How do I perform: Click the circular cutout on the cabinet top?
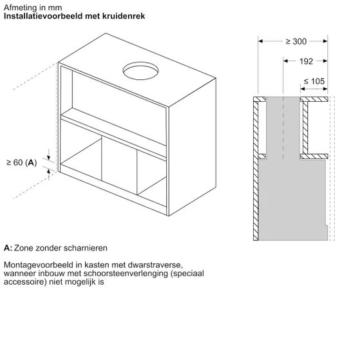[140, 71]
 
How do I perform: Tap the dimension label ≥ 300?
[296, 42]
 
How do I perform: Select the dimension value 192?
[306, 61]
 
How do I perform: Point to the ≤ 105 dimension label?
[314, 81]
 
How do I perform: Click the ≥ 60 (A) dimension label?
[22, 162]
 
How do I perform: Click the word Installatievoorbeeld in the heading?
[43, 16]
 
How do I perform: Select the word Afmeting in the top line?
[20, 8]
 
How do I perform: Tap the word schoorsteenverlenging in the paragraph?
[126, 274]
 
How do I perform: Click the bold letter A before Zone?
[8, 248]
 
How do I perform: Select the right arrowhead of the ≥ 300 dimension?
[325, 41]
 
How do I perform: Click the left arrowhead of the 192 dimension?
[285, 61]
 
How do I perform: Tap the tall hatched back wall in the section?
[256, 169]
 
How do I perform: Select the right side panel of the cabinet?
[193, 147]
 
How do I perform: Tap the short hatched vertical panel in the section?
[305, 128]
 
